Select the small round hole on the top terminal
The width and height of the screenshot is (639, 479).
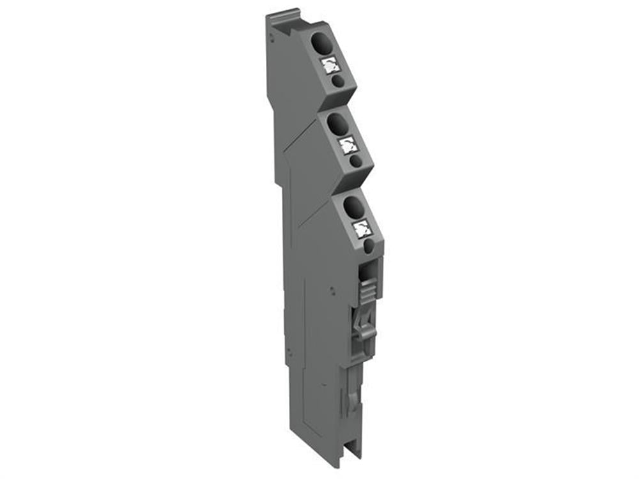tap(339, 81)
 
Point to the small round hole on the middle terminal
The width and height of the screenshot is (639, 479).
tap(355, 161)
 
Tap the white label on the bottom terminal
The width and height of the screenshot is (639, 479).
tap(362, 227)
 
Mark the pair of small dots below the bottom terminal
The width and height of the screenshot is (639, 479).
tap(333, 290)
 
